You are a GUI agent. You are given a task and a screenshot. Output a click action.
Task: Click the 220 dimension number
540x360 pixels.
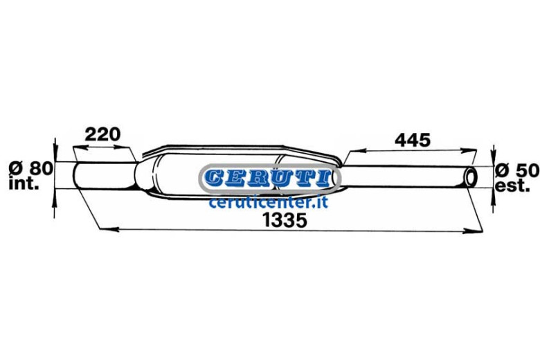click(102, 134)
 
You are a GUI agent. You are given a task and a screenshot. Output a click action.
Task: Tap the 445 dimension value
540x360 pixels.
click(413, 141)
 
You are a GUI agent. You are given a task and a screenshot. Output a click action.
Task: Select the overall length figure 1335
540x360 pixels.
click(285, 220)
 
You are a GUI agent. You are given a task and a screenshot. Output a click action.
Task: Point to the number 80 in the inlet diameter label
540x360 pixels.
click(41, 169)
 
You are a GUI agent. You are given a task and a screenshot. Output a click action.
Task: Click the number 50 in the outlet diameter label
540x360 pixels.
click(527, 170)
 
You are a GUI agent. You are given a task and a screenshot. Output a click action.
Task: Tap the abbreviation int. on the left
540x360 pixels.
click(24, 183)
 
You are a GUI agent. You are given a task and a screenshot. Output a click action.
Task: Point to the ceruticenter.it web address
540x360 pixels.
click(269, 202)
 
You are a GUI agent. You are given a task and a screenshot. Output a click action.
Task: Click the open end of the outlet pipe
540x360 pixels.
click(471, 177)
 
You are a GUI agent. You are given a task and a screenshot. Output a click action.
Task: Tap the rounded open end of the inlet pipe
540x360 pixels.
click(76, 175)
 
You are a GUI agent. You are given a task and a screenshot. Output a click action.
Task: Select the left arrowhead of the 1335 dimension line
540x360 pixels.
click(109, 228)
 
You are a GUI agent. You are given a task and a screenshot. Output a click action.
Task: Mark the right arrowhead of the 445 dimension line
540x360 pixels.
click(469, 150)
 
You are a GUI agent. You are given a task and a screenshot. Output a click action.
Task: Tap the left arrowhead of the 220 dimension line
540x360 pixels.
click(81, 147)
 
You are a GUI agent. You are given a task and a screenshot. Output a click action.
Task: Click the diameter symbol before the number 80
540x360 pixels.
click(16, 169)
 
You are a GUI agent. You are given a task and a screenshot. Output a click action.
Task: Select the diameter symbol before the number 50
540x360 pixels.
click(503, 170)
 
